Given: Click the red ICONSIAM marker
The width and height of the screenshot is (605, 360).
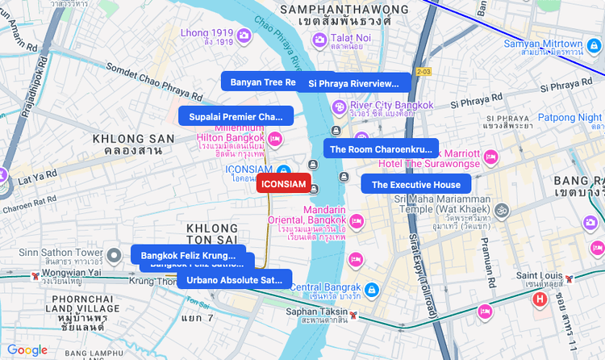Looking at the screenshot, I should click(x=283, y=184).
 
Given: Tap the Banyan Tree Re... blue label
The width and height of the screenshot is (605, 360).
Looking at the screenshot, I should click(x=261, y=82).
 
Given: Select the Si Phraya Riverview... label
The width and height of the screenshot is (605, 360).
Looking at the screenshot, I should click(x=354, y=83).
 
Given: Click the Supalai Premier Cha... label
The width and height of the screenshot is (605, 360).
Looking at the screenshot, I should click(x=236, y=116).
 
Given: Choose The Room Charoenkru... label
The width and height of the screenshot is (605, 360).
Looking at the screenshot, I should click(x=381, y=149).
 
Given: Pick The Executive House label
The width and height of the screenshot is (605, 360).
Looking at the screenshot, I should click(x=415, y=185).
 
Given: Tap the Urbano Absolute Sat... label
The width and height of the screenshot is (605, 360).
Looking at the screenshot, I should click(x=234, y=280).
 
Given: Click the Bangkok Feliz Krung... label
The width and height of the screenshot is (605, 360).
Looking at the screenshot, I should click(x=188, y=255).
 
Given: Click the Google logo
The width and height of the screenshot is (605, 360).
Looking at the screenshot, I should click(x=27, y=350).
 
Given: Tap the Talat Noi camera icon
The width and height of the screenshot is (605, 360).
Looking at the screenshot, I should click(x=320, y=40).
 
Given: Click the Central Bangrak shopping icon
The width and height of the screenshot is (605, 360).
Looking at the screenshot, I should click(x=370, y=289).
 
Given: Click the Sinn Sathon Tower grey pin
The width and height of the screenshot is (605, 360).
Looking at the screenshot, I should click(x=115, y=256).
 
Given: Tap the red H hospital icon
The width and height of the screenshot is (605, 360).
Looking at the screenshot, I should click(x=540, y=300).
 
